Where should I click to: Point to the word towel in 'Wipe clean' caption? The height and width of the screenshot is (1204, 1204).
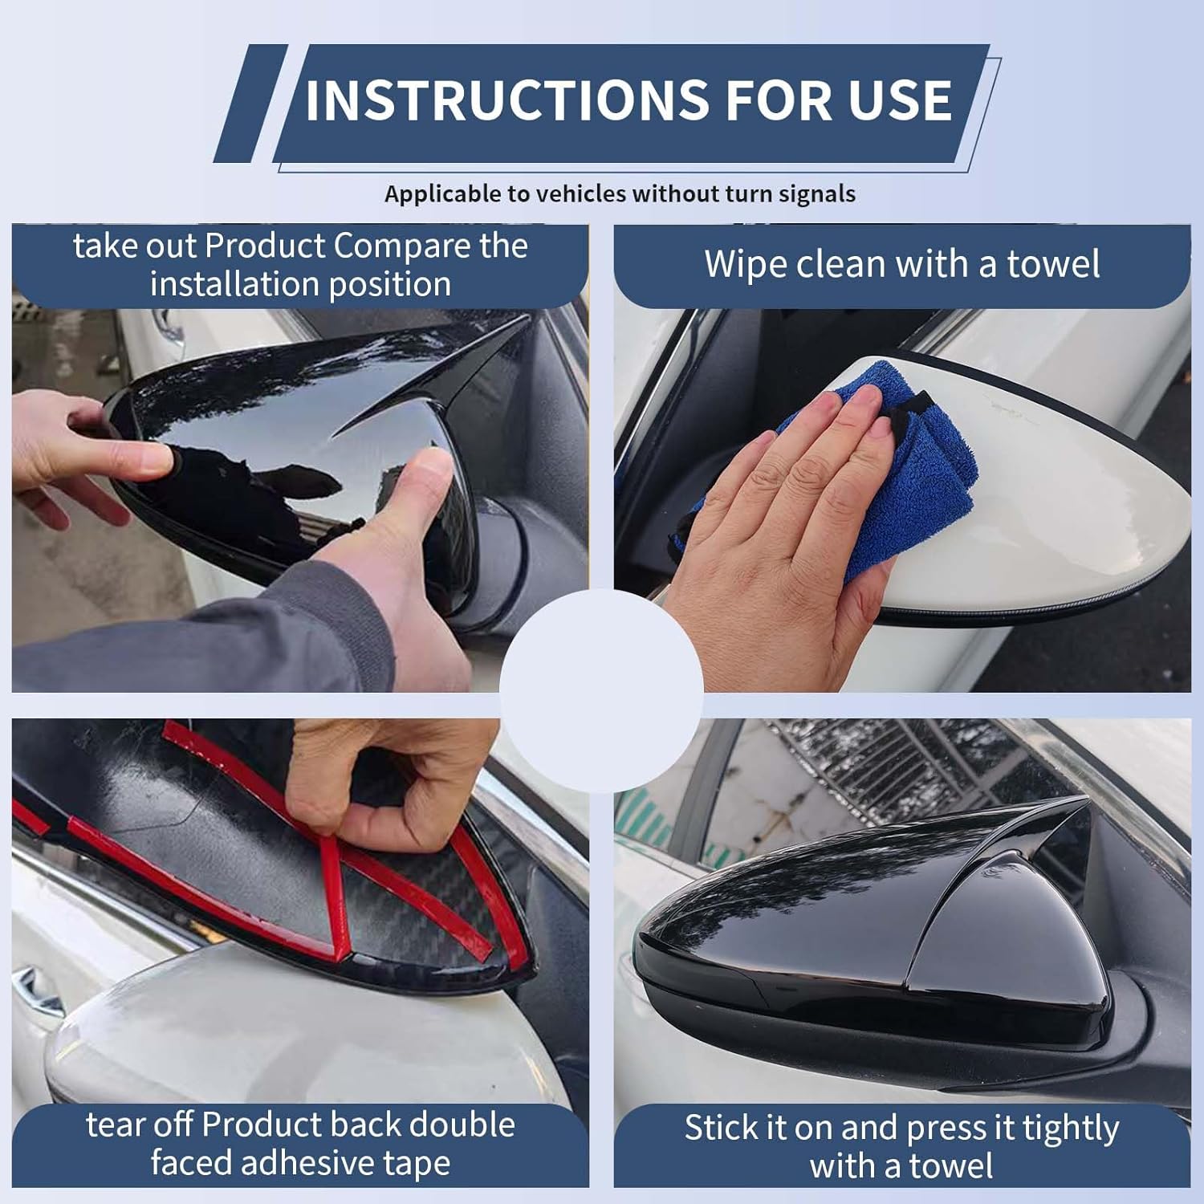[x=1052, y=264]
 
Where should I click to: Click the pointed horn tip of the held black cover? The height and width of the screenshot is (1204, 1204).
[x=522, y=321]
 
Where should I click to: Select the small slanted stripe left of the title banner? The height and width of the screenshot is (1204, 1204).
[x=250, y=104]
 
